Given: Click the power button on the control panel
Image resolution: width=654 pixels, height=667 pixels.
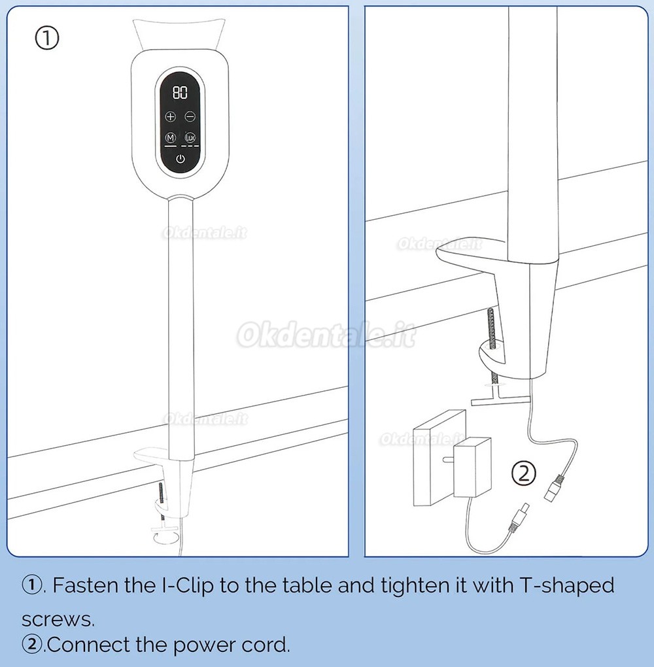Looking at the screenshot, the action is [x=181, y=160].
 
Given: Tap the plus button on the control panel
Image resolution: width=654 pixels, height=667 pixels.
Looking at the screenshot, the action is [x=170, y=116].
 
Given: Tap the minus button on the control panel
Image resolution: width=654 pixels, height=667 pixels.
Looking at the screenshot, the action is [x=190, y=116].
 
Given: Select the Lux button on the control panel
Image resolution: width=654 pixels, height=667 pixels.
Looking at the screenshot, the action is [x=190, y=137].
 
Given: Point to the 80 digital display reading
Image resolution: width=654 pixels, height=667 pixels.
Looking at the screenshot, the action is [x=180, y=92].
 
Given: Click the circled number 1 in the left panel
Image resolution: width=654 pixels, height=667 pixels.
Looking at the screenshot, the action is [x=47, y=39].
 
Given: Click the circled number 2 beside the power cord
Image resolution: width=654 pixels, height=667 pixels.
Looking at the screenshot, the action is [x=523, y=473].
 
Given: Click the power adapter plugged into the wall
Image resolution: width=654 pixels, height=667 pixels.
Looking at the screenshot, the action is [x=472, y=467].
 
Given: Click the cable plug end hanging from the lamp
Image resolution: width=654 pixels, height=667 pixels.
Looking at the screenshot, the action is [x=555, y=489].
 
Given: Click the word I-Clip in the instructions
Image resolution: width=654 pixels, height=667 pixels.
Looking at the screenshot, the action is [x=188, y=586].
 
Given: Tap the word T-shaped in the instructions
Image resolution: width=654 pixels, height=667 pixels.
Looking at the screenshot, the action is [x=566, y=586].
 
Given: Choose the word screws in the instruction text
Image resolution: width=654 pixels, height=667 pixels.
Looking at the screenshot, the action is [x=58, y=620].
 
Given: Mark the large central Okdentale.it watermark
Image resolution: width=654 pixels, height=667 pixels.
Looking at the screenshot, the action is [x=326, y=335].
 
